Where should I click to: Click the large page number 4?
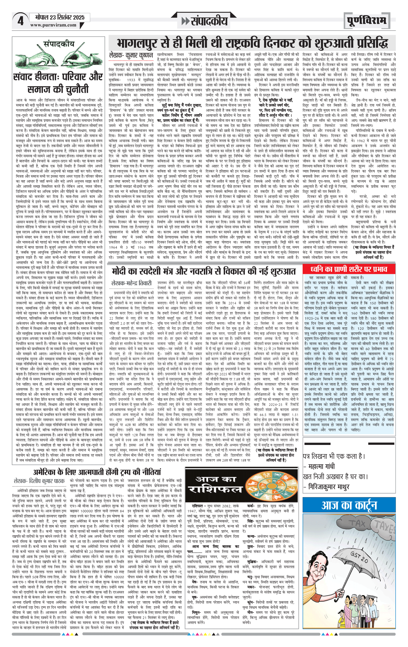click(20, 21)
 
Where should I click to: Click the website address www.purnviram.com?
click(53, 25)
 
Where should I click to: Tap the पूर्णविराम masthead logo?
click(366, 21)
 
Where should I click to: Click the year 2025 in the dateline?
click(79, 17)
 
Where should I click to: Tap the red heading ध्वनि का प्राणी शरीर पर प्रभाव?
click(349, 269)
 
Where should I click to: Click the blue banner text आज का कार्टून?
click(349, 505)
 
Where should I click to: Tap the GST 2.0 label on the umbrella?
click(359, 557)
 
